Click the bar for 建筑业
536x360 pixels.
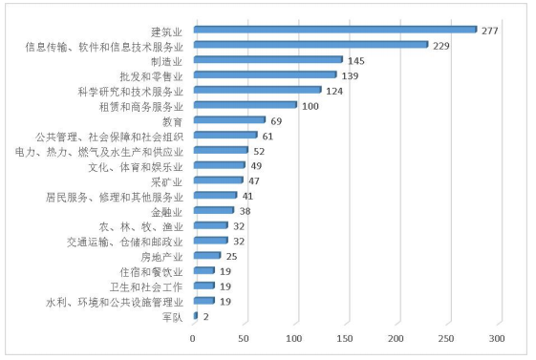[334, 30]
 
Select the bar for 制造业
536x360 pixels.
[268, 59]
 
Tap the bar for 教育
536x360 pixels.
[229, 120]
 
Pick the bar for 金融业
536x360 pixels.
[213, 210]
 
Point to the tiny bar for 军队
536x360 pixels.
[196, 315]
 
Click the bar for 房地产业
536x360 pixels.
[207, 255]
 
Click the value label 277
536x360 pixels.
[491, 30]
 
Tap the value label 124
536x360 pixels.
[335, 90]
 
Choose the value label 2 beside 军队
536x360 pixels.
[205, 316]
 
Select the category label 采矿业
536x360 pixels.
[168, 180]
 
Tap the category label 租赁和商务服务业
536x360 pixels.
[141, 105]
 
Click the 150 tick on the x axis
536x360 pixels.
[345, 339]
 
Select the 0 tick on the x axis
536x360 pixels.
[194, 339]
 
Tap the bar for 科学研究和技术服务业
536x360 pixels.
[257, 90]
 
